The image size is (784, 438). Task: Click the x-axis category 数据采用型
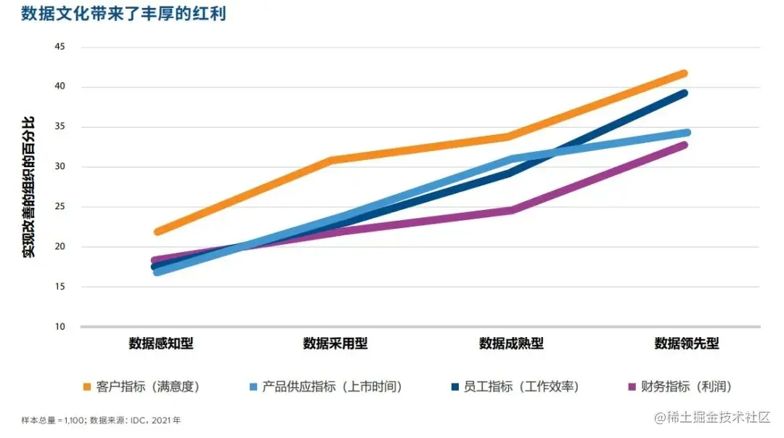[335, 344]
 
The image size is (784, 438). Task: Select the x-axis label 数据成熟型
[511, 344]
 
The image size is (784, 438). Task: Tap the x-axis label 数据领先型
[686, 344]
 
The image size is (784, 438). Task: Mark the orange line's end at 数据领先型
[684, 73]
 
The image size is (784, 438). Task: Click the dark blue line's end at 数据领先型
[684, 93]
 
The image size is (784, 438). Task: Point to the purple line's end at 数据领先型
[684, 145]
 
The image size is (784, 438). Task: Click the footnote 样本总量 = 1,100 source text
[101, 420]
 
